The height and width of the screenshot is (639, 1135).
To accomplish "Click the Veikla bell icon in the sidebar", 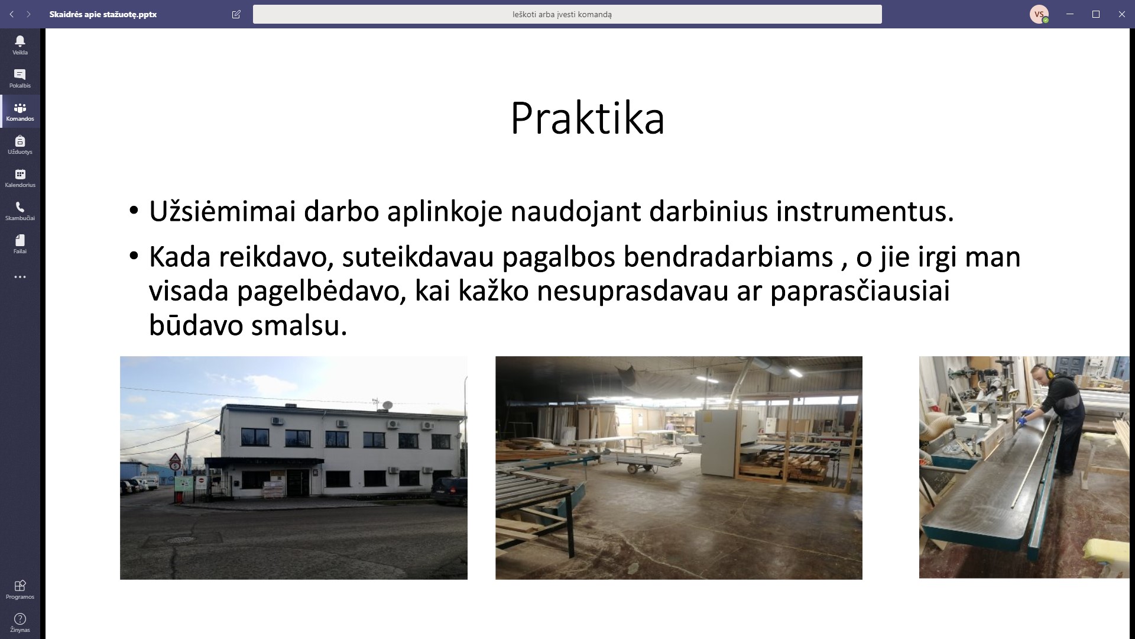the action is [x=20, y=41].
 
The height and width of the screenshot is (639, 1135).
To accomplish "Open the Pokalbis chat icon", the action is [x=20, y=74].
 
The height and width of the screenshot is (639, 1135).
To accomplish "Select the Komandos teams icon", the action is [x=20, y=108].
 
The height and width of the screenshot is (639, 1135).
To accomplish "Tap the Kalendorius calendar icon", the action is [x=20, y=174].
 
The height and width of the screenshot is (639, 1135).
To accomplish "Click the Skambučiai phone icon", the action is [x=20, y=207].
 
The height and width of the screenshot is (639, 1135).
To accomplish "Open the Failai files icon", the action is [x=20, y=240].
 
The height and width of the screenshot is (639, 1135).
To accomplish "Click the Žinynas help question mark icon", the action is [x=20, y=619].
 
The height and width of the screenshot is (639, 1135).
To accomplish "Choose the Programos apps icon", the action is [x=20, y=586].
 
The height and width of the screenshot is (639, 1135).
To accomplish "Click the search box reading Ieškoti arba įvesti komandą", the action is [x=567, y=14].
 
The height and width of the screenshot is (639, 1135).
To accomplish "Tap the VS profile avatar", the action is [x=1039, y=14].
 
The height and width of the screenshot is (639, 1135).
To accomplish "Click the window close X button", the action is [x=1121, y=14].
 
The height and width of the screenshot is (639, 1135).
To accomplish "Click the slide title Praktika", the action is [x=587, y=118].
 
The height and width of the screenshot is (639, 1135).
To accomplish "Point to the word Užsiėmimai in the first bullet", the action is [x=222, y=211].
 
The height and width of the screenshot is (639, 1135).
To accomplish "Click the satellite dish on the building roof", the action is [x=387, y=405].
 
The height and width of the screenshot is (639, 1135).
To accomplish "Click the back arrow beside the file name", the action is [x=11, y=14].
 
